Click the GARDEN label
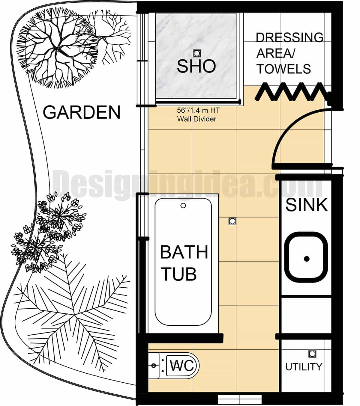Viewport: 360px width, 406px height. click(x=82, y=112)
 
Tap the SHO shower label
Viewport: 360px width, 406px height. click(x=196, y=66)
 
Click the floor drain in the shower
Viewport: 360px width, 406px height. click(x=197, y=53)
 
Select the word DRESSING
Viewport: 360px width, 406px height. click(x=289, y=37)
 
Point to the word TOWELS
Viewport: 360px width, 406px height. click(x=283, y=69)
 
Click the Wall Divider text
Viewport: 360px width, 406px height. click(x=196, y=119)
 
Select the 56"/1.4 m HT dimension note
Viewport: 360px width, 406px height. click(x=198, y=110)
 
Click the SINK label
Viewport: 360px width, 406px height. click(x=306, y=205)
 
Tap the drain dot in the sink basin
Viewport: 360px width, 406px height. click(x=306, y=259)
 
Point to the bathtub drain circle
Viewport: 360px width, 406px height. click(x=183, y=206)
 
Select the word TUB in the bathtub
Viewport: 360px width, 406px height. click(x=179, y=274)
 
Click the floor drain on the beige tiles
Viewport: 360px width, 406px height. click(x=232, y=221)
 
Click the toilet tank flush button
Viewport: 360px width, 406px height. click(x=154, y=366)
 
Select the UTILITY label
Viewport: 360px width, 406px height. click(x=304, y=367)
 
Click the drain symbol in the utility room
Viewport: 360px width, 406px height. click(x=312, y=354)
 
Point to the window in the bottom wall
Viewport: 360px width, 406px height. click(x=240, y=399)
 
